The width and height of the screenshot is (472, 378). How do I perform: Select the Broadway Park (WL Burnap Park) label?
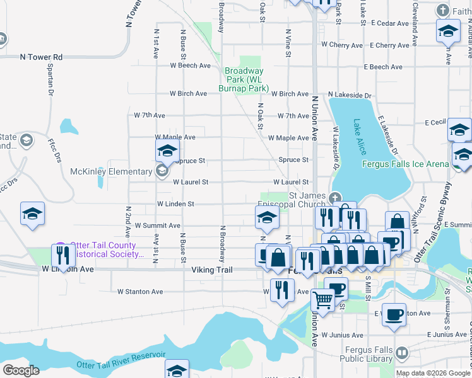(245, 80)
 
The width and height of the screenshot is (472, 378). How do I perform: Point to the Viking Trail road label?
(212, 270)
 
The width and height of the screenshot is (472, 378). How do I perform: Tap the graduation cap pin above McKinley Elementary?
(167, 151)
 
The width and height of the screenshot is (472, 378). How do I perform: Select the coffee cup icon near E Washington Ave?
(395, 314)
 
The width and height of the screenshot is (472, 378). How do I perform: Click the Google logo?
(21, 370)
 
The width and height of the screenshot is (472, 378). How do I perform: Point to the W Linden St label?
(175, 204)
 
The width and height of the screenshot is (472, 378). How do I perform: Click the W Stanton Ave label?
(140, 292)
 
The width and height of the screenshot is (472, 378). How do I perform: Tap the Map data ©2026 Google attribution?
(432, 373)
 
